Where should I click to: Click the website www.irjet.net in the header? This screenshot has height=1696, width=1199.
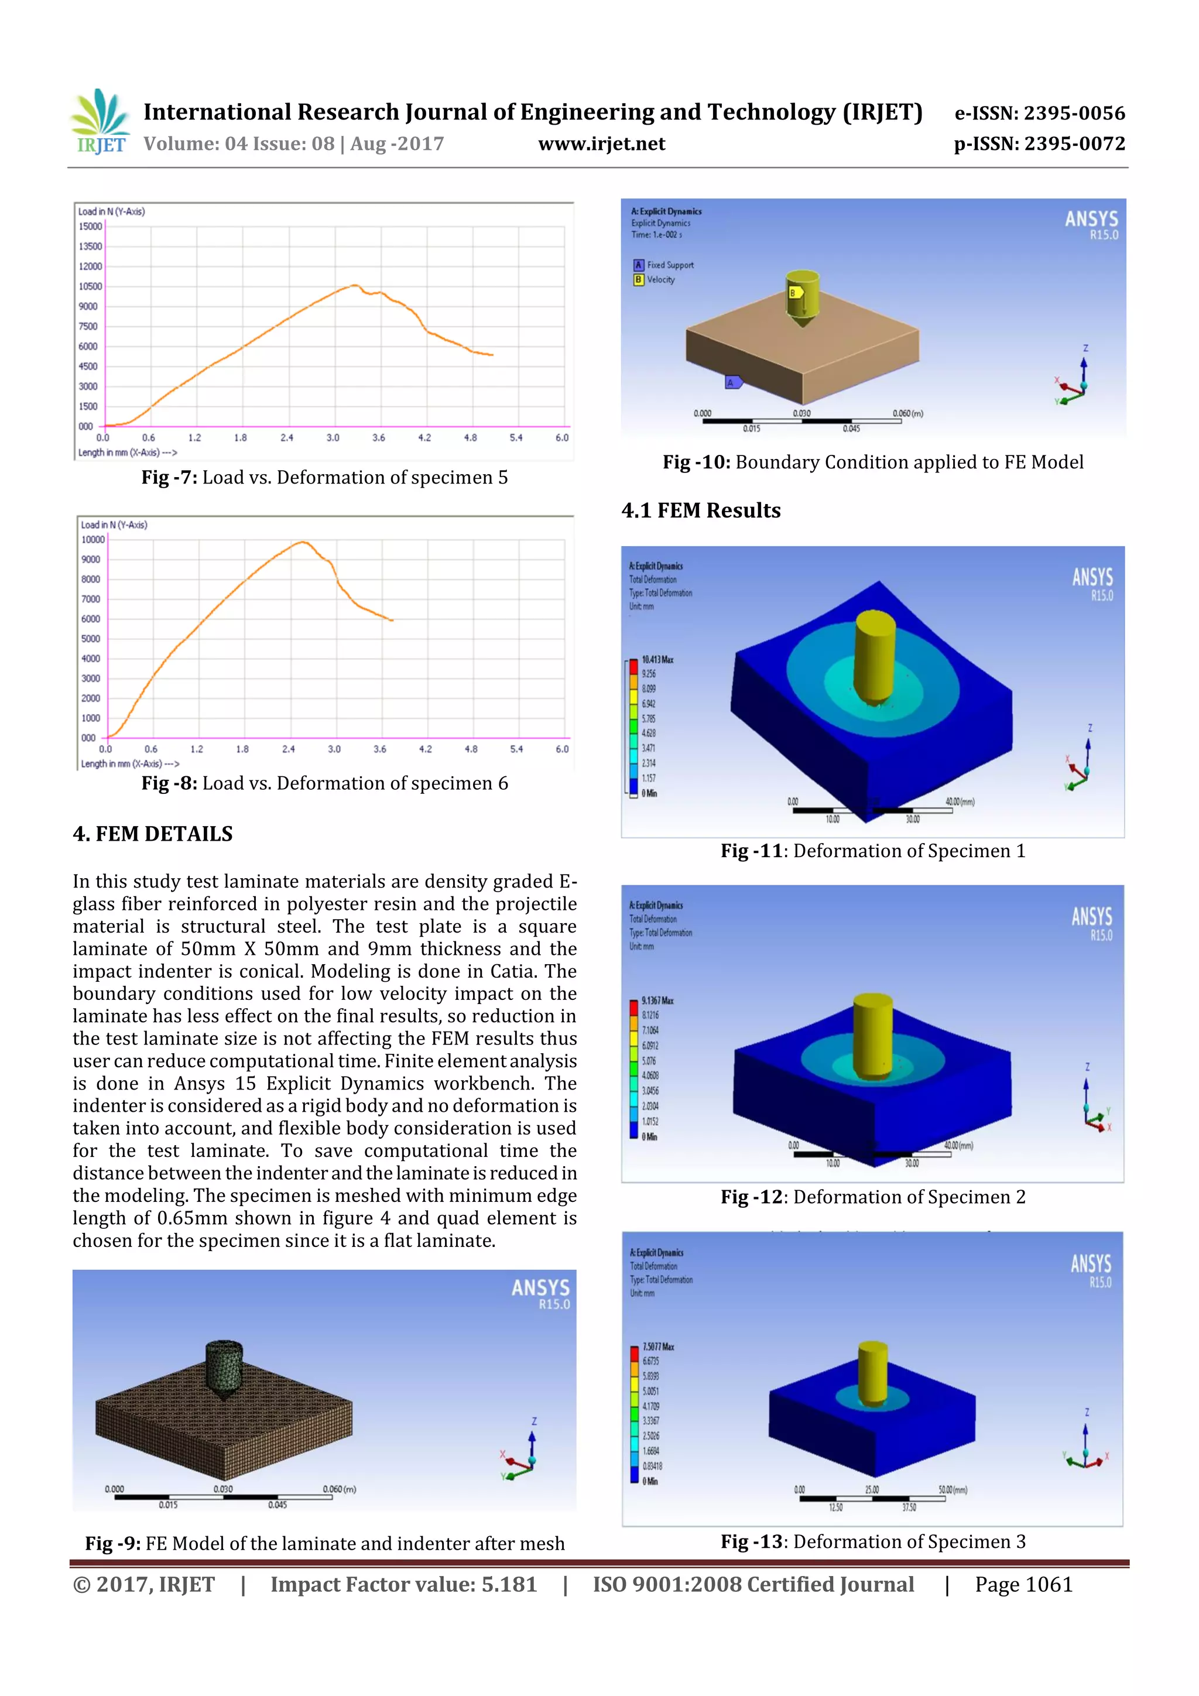(601, 143)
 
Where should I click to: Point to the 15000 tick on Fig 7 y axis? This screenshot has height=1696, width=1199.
(90, 226)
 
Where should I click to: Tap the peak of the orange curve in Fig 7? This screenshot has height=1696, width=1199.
(355, 285)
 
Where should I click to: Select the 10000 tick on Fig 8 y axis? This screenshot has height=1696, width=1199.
(93, 539)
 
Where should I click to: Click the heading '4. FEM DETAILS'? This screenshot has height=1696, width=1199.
(152, 834)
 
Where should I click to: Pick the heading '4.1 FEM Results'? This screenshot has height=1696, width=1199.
(700, 510)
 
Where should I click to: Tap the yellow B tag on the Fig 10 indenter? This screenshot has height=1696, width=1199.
(794, 293)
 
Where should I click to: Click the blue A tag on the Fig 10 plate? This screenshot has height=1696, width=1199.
(733, 382)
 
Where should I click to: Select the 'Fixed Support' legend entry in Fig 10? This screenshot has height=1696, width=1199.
(669, 265)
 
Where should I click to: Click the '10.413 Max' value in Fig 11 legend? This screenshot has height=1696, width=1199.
(657, 659)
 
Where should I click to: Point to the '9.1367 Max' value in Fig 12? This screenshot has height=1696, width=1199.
(657, 1000)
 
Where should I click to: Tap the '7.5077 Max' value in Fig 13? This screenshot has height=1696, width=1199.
(657, 1346)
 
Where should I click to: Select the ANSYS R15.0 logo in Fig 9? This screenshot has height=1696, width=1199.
(541, 1294)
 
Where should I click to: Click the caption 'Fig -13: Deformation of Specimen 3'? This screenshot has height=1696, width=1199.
(872, 1541)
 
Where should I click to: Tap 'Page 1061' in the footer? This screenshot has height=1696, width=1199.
(1023, 1584)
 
